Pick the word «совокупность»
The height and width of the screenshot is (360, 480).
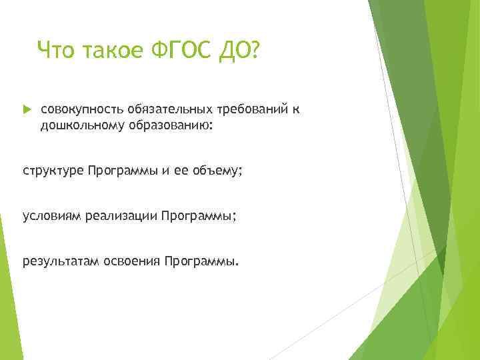pos(77,109)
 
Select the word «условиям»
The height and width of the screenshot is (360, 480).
pos(51,216)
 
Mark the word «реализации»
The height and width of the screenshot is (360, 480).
pos(121,216)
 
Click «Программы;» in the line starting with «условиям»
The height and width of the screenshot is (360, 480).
pos(199,216)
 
